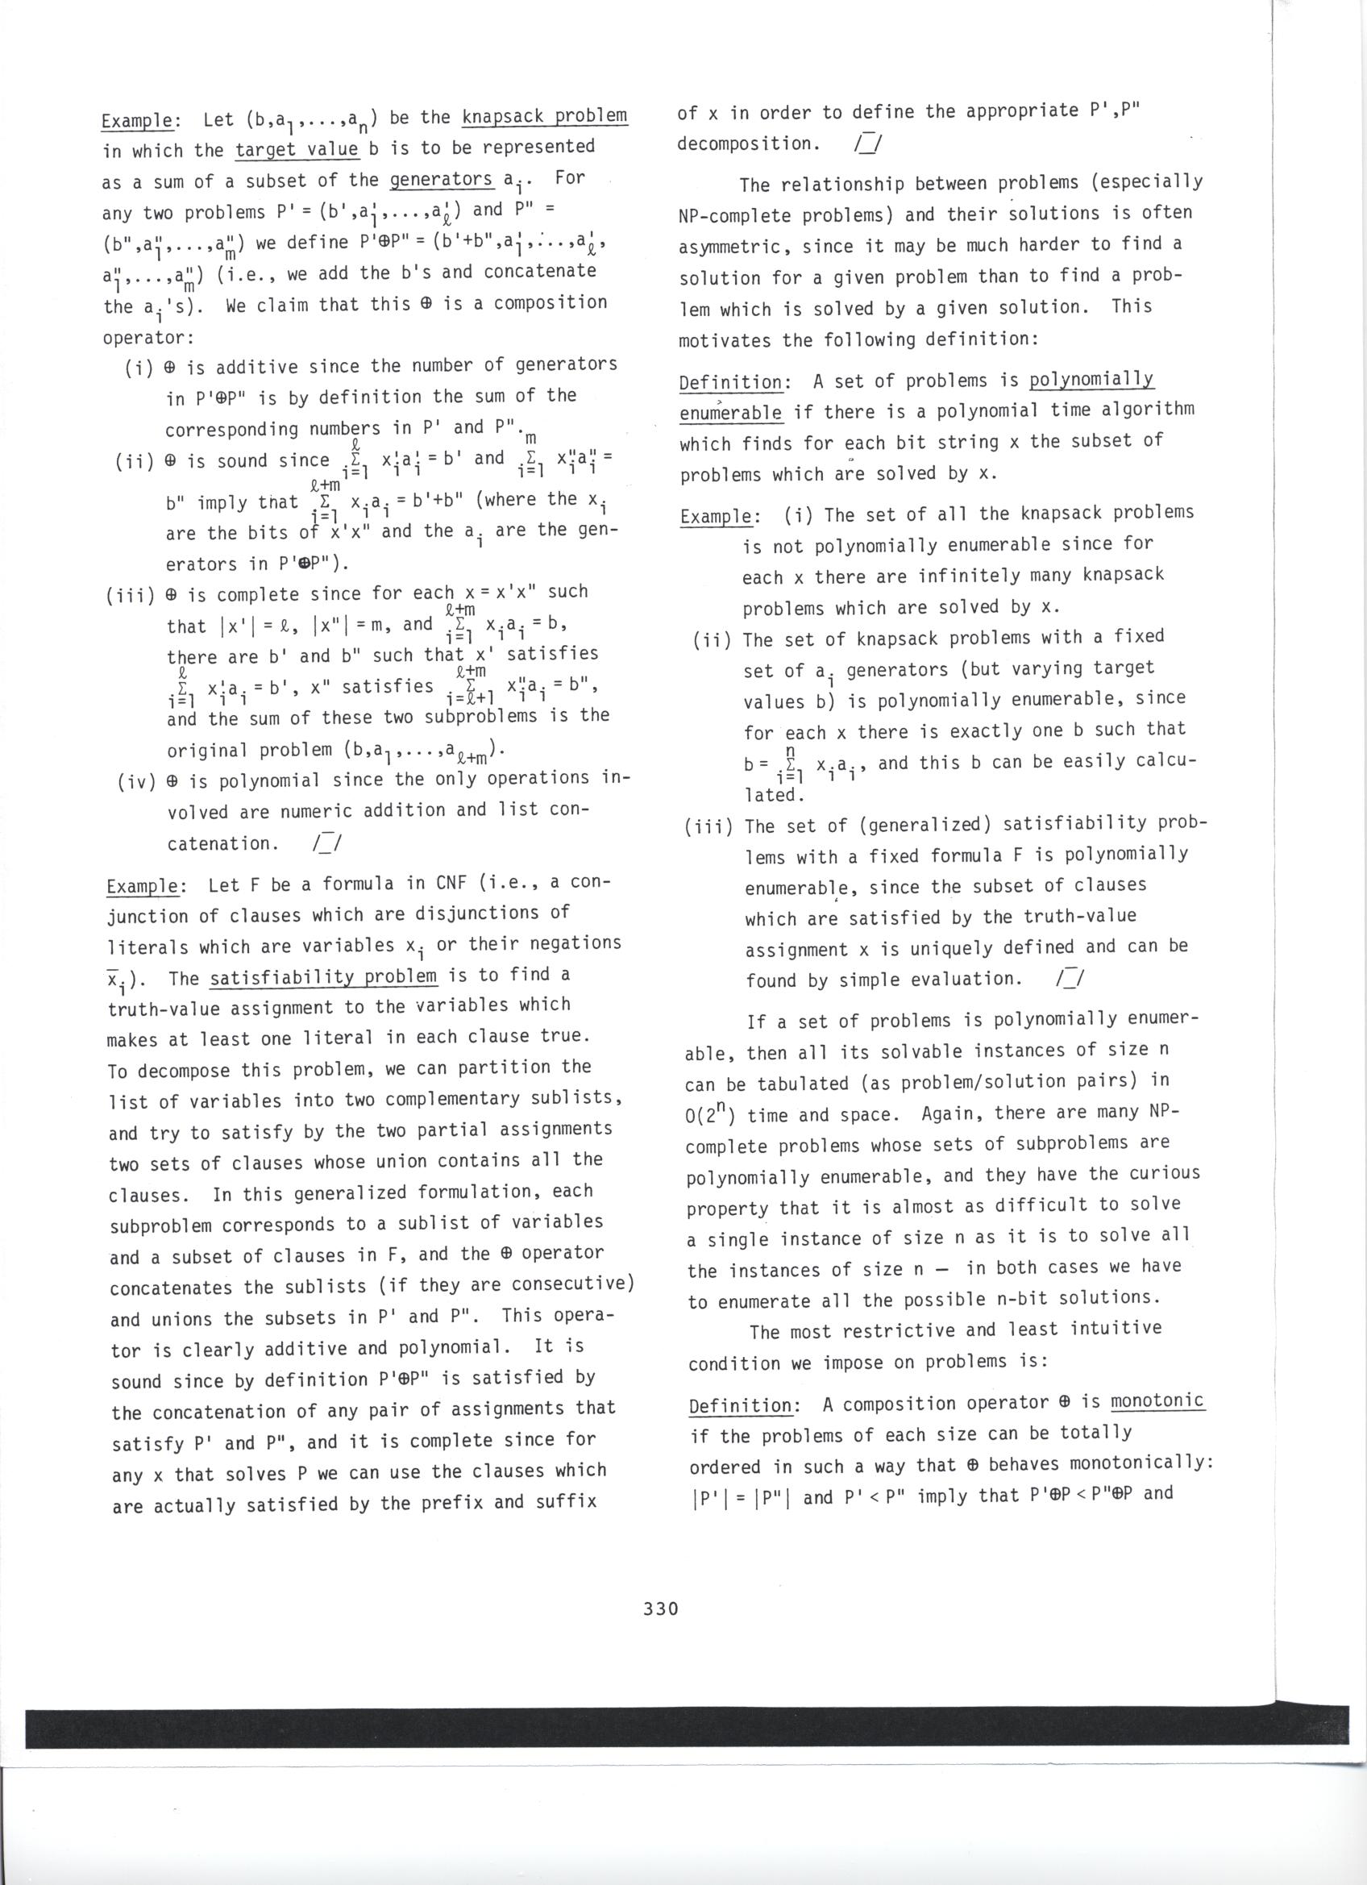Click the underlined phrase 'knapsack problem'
(x=544, y=115)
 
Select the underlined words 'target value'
(x=297, y=150)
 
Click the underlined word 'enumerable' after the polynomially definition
(x=731, y=413)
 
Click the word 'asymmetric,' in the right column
(x=733, y=247)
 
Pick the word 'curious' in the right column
(x=1167, y=1174)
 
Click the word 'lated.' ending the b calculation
(x=770, y=795)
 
